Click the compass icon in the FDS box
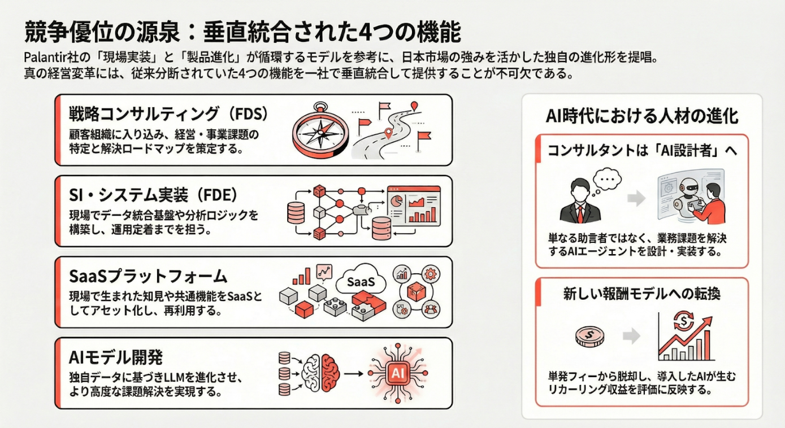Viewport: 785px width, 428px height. (x=320, y=132)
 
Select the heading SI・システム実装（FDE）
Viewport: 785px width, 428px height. (x=153, y=195)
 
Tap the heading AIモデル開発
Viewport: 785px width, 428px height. (x=115, y=357)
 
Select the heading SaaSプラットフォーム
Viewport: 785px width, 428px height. (x=148, y=276)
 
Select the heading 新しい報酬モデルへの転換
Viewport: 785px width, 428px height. (x=641, y=294)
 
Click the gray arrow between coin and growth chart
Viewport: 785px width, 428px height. (x=631, y=337)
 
